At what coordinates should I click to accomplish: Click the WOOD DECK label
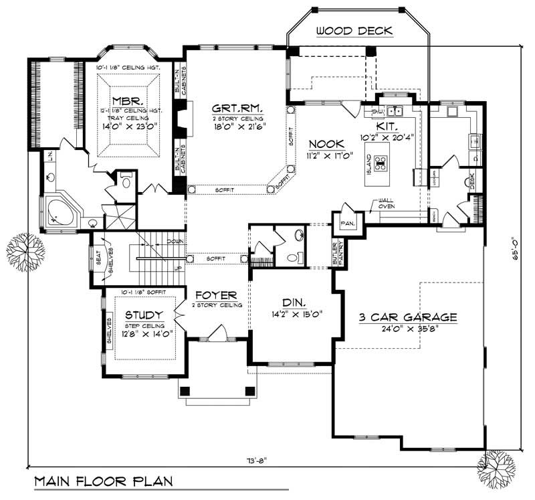point(354,31)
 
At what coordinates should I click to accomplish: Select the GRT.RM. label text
point(237,107)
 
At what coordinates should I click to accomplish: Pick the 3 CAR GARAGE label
point(407,317)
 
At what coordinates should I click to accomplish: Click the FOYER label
point(216,295)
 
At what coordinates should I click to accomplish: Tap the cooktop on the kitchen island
point(381,163)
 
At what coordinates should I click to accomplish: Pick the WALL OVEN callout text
point(387,203)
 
